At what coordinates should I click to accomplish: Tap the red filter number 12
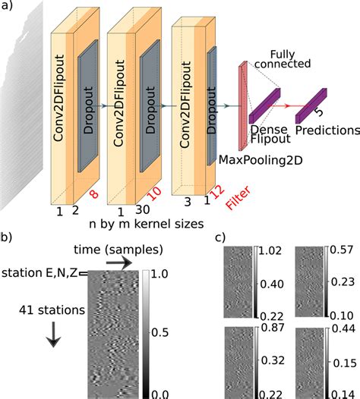(217, 192)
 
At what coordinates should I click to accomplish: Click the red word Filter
(238, 198)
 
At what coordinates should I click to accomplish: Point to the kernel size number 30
(143, 209)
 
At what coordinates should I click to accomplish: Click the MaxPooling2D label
(261, 160)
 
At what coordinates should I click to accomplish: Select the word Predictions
(327, 130)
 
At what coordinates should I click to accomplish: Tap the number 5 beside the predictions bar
(318, 112)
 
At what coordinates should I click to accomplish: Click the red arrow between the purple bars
(287, 105)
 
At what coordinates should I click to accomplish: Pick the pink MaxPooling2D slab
(243, 106)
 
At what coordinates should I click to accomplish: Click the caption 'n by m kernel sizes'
(147, 225)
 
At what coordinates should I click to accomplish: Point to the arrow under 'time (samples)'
(119, 263)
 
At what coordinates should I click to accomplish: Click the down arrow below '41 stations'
(53, 335)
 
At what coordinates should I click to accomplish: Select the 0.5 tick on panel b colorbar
(159, 332)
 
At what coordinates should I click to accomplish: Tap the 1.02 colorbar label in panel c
(270, 250)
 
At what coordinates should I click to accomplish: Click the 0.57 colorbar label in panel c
(342, 250)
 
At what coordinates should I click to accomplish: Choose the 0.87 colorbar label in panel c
(273, 327)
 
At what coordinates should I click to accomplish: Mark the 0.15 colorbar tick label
(345, 363)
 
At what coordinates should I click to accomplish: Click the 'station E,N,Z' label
(39, 273)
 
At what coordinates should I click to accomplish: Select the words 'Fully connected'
(283, 59)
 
